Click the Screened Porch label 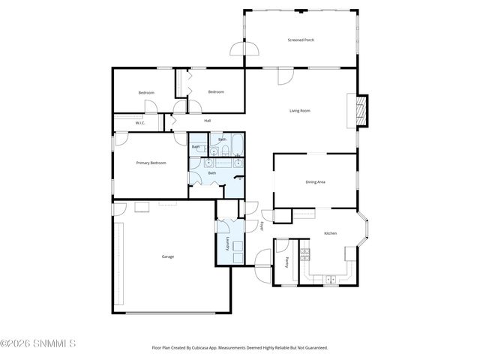coord(300,40)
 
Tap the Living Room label coord(300,111)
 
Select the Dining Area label coord(315,181)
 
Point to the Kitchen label coord(330,233)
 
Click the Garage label coord(168,256)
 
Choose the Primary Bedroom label coord(151,163)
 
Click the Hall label coord(208,120)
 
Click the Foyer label coord(262,225)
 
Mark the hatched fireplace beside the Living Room coord(363,110)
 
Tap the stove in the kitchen coord(304,253)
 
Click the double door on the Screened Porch coord(246,49)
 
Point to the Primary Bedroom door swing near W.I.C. coord(180,139)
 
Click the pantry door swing coord(283,244)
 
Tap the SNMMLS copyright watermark coord(37,343)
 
